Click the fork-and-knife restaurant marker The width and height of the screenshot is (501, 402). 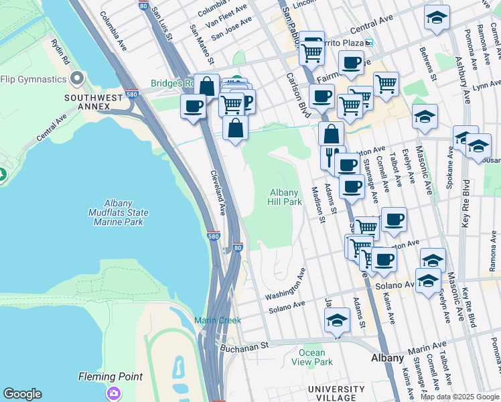tap(329, 157)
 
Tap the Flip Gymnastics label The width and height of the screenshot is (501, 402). tap(33, 79)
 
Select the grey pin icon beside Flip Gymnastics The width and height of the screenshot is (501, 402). tap(78, 79)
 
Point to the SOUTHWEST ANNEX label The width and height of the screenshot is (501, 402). tap(94, 103)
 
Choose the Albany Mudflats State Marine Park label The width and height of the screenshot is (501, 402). tap(117, 213)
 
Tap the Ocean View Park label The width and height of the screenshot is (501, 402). tap(312, 357)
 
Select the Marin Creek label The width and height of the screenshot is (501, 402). tap(218, 320)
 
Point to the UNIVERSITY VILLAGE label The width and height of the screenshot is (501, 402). tap(337, 394)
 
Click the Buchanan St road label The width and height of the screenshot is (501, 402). tap(244, 345)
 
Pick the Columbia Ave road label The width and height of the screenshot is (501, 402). tap(113, 31)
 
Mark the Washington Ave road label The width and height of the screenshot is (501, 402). tap(285, 285)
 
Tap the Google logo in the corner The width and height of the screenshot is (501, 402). tap(22, 394)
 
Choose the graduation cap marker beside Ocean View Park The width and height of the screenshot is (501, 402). tap(338, 320)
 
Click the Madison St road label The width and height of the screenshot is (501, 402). tap(317, 204)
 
